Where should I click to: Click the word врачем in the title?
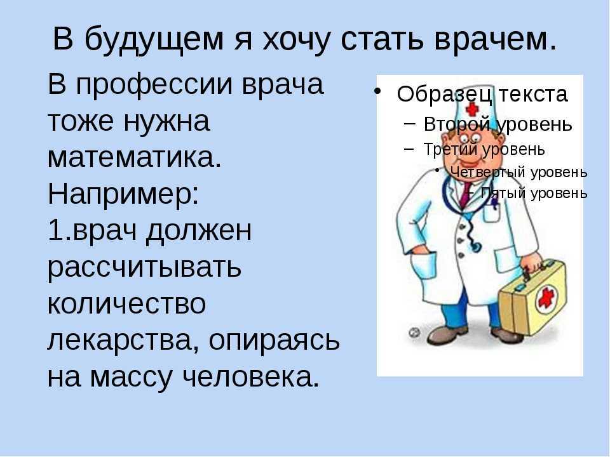point(496,39)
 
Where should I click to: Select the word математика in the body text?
point(134,157)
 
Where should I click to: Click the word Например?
point(123,195)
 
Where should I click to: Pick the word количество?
point(126,304)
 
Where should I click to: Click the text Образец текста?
point(482,95)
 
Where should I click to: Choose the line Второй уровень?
point(498,125)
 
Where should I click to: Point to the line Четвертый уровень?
point(518,172)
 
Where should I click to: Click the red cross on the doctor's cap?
point(472,109)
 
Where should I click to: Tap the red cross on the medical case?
point(546,298)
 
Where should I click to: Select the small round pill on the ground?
point(414,332)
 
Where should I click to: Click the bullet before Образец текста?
point(376,91)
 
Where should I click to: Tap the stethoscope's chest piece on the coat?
point(475,246)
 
